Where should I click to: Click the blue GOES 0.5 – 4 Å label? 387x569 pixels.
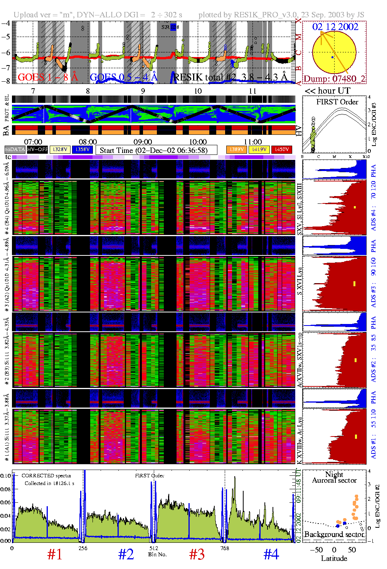tap(123, 77)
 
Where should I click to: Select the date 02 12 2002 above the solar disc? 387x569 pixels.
tap(335, 27)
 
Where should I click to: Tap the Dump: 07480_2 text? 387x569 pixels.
tap(334, 79)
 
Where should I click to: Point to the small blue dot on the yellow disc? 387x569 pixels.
tap(333, 57)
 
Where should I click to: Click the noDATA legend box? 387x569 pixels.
tap(15, 149)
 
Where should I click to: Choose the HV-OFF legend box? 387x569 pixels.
tap(37, 149)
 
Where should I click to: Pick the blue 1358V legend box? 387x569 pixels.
tap(82, 149)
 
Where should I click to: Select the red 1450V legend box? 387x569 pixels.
tap(282, 149)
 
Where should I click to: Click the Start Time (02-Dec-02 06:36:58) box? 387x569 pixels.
tap(156, 150)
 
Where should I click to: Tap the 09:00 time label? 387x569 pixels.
tap(143, 142)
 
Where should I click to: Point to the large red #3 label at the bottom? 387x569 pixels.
tap(197, 554)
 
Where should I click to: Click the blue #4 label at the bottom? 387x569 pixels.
tap(271, 554)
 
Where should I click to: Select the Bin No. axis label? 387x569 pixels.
tap(157, 554)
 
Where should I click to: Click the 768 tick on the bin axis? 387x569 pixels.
tap(225, 548)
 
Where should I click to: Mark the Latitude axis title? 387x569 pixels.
tap(334, 558)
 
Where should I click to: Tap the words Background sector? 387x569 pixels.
tap(334, 534)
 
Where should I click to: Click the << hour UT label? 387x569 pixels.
tap(327, 91)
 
